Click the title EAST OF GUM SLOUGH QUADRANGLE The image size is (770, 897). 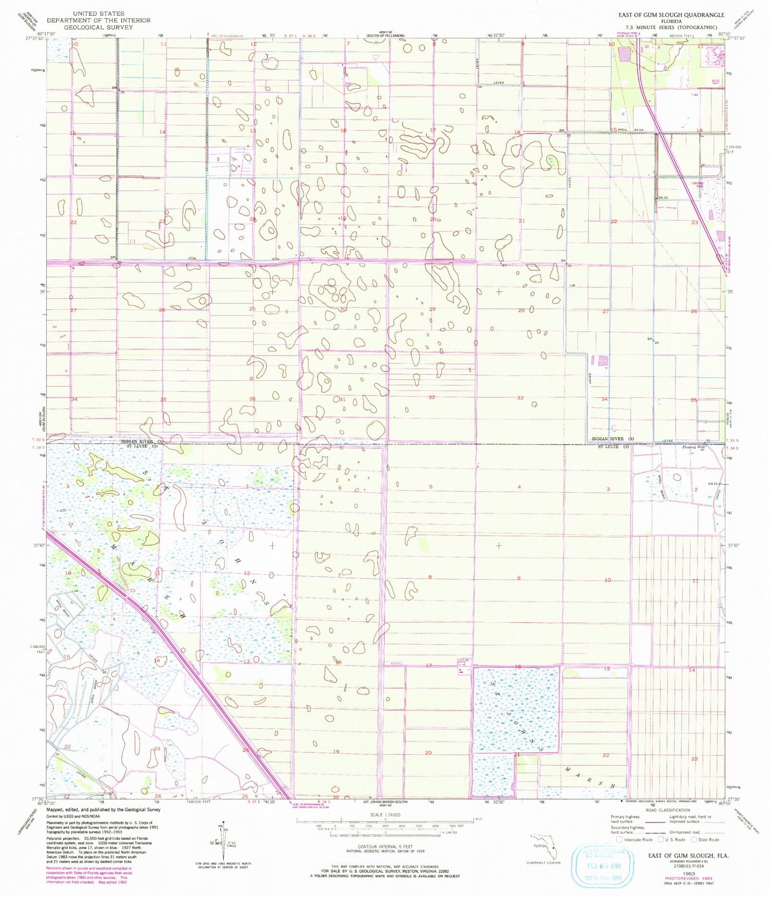[671, 15]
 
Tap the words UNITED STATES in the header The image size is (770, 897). [99, 13]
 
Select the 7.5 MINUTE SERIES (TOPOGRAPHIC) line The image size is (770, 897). [671, 27]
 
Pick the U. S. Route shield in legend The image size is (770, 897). [661, 840]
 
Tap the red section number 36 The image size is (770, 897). [252, 399]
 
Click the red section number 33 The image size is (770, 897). [520, 398]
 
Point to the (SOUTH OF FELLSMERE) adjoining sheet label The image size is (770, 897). [386, 35]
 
